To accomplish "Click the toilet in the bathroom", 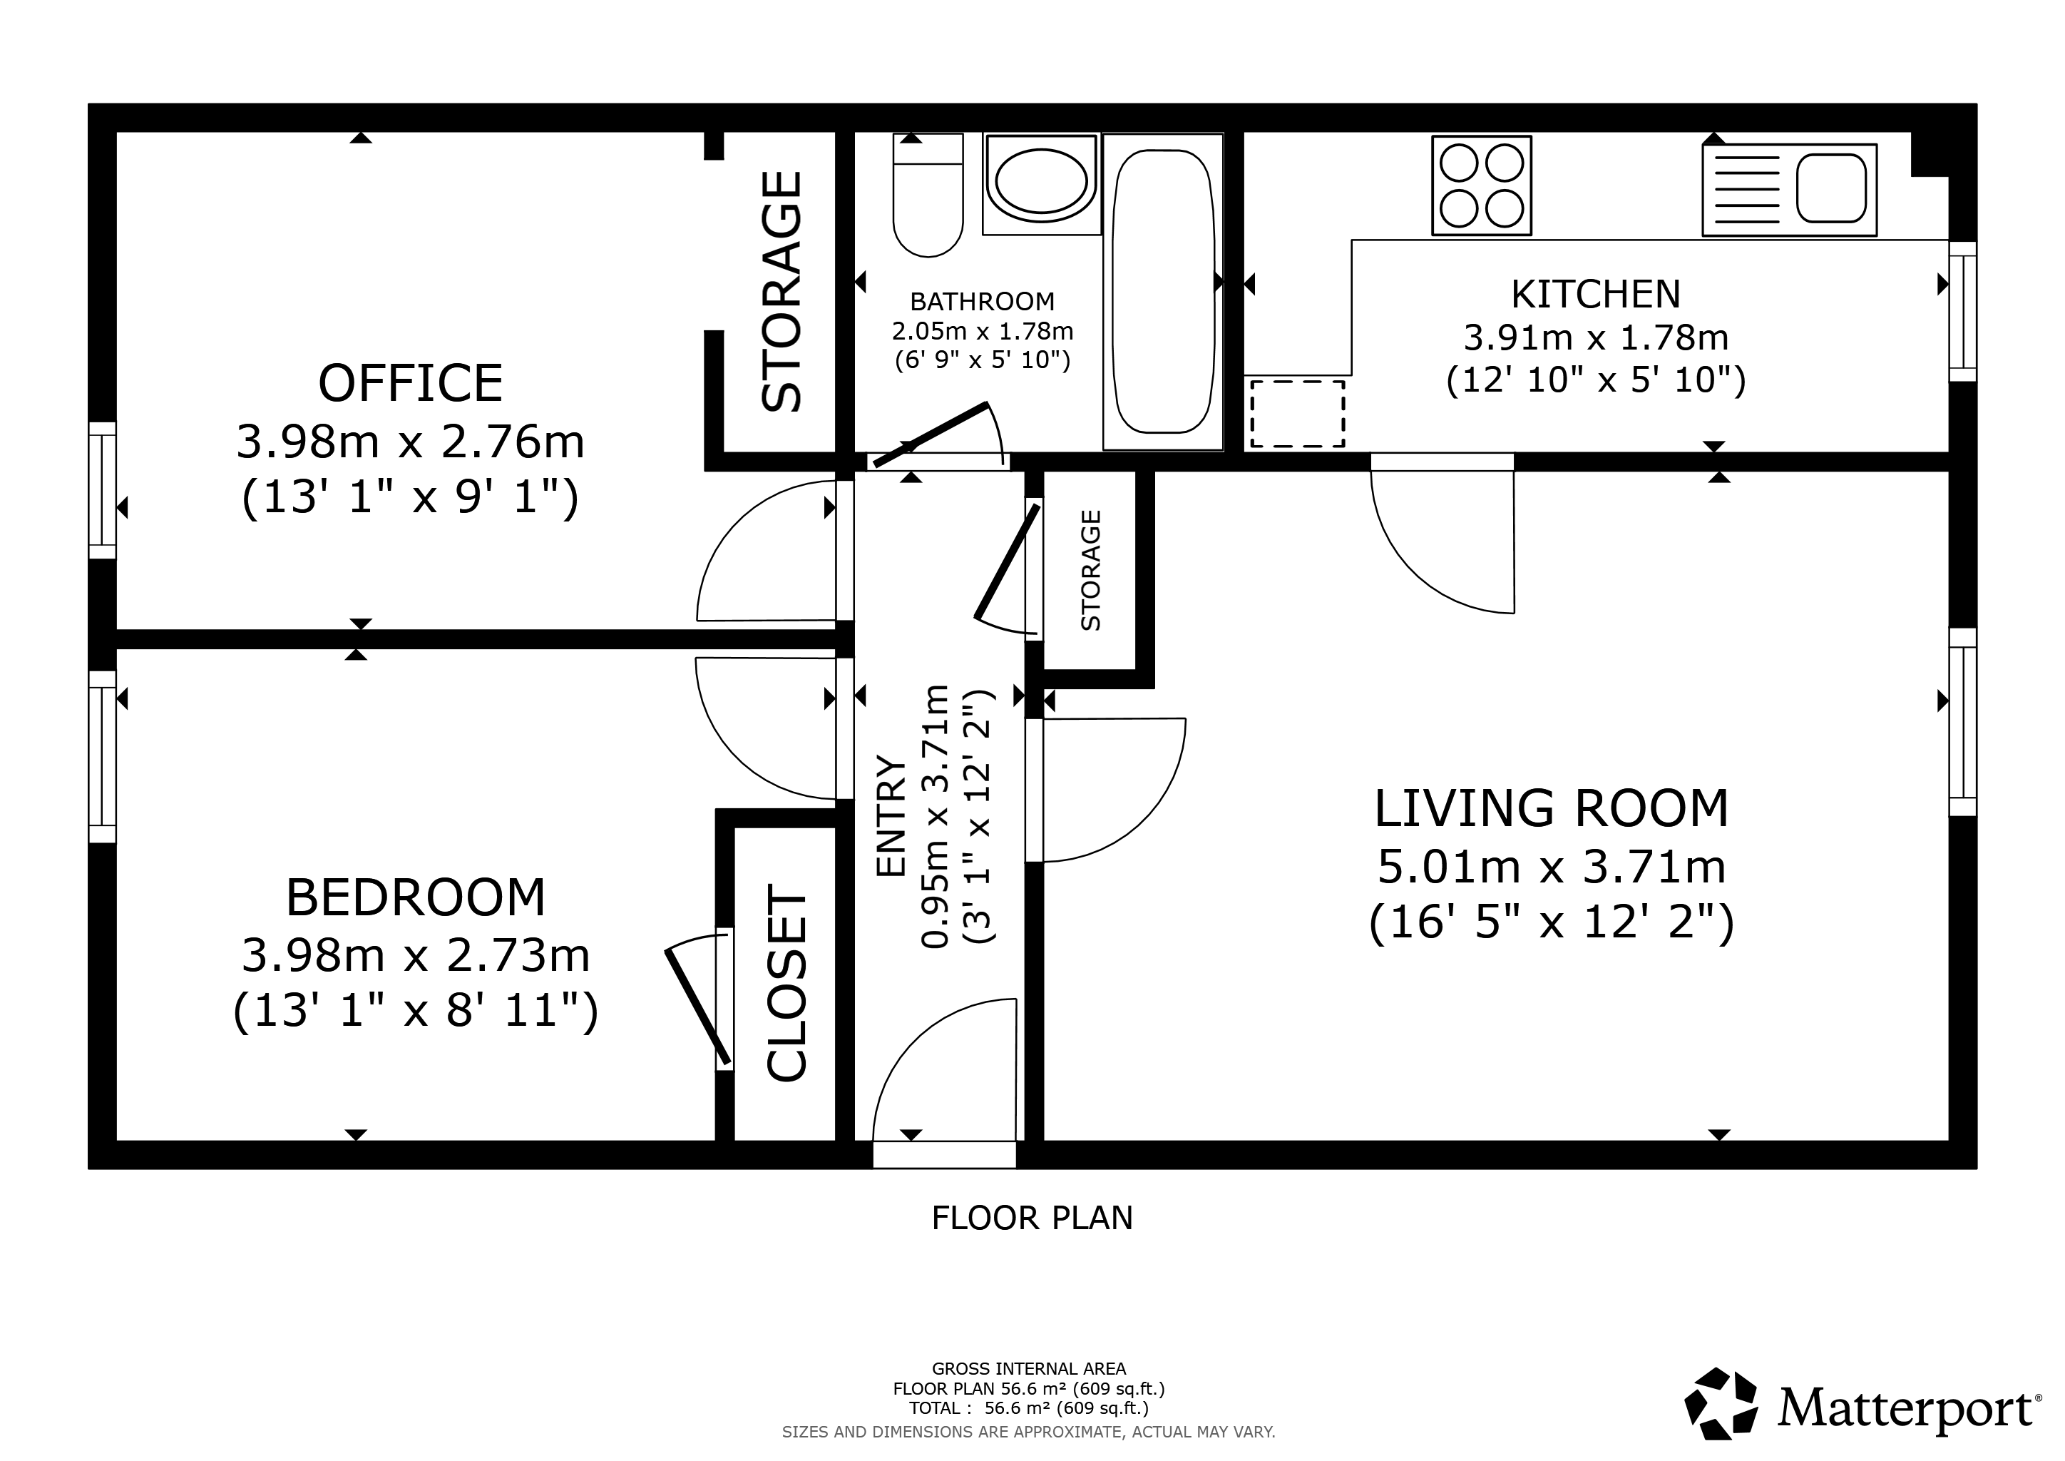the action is (928, 195).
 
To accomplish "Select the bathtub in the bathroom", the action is (1163, 292).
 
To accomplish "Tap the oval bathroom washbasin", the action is (1042, 183).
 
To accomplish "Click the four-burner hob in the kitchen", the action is (1481, 185).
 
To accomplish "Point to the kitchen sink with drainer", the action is (1790, 190).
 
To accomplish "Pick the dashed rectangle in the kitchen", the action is (1297, 413).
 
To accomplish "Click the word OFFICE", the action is (410, 383).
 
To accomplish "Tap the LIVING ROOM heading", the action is (1552, 808).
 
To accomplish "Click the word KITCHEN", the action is (1596, 294).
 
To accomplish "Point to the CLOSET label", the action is (786, 982).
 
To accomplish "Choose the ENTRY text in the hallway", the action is (891, 815).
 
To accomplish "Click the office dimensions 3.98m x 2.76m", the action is (410, 442).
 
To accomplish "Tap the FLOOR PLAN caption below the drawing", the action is (1032, 1218).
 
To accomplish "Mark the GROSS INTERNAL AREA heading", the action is (1029, 1368).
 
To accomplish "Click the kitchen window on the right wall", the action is (1963, 311).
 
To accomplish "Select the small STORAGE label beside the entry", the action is (1090, 571).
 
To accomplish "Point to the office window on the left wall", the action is (103, 490).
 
